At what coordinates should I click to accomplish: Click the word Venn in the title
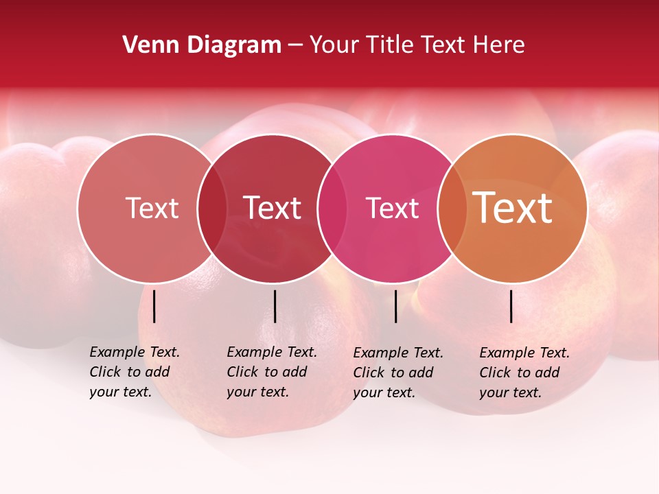click(x=147, y=45)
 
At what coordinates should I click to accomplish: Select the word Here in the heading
click(x=499, y=45)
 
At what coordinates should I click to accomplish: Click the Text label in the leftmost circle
click(x=152, y=208)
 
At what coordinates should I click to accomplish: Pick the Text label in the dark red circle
click(x=272, y=208)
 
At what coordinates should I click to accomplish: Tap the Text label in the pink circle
click(x=392, y=208)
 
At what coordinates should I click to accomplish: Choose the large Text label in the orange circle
click(x=513, y=208)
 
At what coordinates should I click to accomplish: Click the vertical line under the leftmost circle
click(x=154, y=306)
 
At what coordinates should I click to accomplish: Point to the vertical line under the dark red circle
click(x=275, y=306)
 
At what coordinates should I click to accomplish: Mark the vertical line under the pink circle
click(x=395, y=306)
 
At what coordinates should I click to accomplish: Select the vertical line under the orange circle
click(x=511, y=306)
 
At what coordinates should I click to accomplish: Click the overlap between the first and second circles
click(x=212, y=208)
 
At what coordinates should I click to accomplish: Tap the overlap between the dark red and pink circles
click(x=333, y=208)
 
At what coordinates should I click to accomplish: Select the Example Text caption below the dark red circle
click(x=271, y=372)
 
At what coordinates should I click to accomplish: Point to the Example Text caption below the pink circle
click(x=397, y=373)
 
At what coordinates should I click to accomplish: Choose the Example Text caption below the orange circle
click(x=524, y=373)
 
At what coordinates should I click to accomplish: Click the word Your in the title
click(x=334, y=45)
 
